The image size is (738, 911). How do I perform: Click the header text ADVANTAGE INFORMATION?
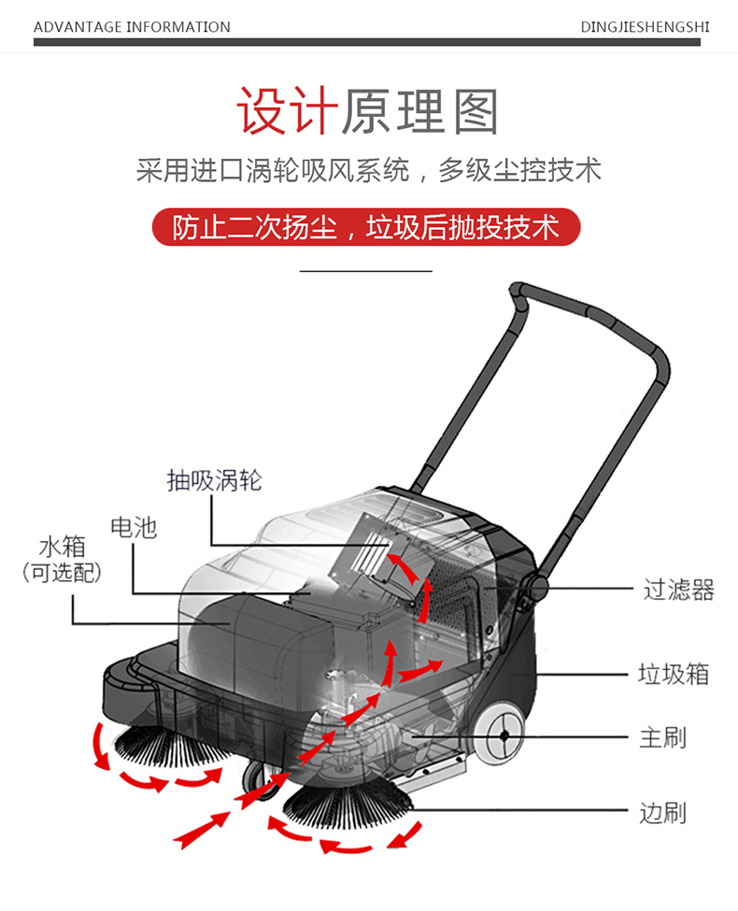pyautogui.click(x=132, y=26)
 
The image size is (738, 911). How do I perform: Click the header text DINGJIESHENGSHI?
pyautogui.click(x=644, y=26)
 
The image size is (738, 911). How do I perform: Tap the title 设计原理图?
pyautogui.click(x=368, y=112)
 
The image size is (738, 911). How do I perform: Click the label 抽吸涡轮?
pyautogui.click(x=214, y=480)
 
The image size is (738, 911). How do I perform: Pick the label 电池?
pyautogui.click(x=134, y=528)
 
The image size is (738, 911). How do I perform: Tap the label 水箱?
pyautogui.click(x=62, y=547)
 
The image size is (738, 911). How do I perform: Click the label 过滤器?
pyautogui.click(x=678, y=590)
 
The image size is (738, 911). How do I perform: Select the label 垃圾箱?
pyautogui.click(x=673, y=674)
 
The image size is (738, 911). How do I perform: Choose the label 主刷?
pyautogui.click(x=662, y=736)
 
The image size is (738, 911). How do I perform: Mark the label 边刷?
pyautogui.click(x=662, y=812)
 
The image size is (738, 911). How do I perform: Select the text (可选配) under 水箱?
pyautogui.click(x=62, y=573)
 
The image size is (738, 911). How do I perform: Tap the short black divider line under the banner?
pyautogui.click(x=365, y=271)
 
